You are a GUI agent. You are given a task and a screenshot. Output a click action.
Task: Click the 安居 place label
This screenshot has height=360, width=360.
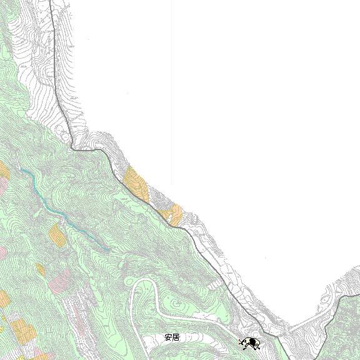172,337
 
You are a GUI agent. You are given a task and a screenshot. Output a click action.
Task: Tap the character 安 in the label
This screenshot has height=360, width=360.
168,337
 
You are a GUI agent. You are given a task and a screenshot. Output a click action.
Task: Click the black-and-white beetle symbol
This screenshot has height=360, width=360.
251,342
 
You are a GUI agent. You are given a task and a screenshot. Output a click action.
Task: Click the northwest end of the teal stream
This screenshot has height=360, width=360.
21,169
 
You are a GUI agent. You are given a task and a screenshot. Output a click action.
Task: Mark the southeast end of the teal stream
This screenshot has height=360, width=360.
110,249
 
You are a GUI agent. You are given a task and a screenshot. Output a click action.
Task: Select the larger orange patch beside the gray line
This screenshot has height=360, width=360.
136,182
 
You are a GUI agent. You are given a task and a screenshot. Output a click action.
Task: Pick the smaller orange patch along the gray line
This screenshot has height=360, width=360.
173,214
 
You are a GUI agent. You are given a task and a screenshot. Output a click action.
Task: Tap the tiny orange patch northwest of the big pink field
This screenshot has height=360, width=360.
40,269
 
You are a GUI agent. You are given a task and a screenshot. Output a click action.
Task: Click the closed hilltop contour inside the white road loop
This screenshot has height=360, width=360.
178,306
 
